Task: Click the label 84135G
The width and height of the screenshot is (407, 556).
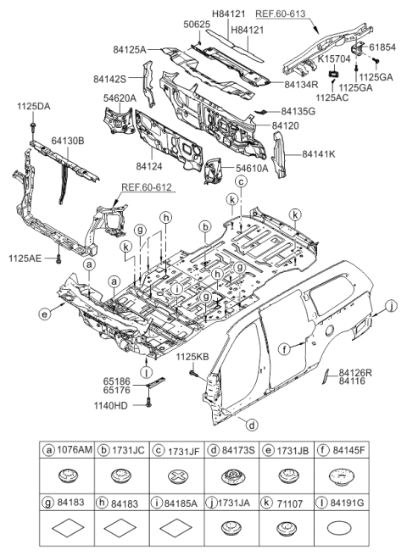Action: pos(299,111)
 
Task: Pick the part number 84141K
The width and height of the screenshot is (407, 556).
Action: pos(319,154)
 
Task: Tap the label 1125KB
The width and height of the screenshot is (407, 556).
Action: pos(193,359)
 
